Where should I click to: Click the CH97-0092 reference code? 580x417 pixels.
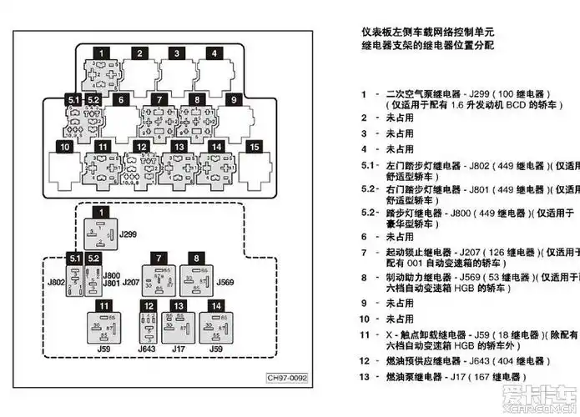tap(287, 378)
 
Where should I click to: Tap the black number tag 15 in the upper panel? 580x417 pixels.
tap(254, 147)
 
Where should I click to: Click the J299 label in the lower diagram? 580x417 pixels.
tap(128, 235)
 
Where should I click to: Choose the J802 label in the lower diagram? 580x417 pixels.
tap(56, 283)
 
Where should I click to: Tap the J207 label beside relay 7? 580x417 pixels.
tap(131, 283)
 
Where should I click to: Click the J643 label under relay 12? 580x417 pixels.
tap(147, 349)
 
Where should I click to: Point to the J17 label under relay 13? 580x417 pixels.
tap(178, 349)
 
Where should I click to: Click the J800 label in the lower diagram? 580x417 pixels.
tap(111, 274)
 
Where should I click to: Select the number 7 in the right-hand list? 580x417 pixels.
tap(364, 251)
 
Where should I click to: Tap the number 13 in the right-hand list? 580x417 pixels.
tap(364, 377)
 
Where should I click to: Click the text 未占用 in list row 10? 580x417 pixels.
tap(399, 318)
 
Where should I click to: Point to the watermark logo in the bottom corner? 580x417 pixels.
tap(546, 401)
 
